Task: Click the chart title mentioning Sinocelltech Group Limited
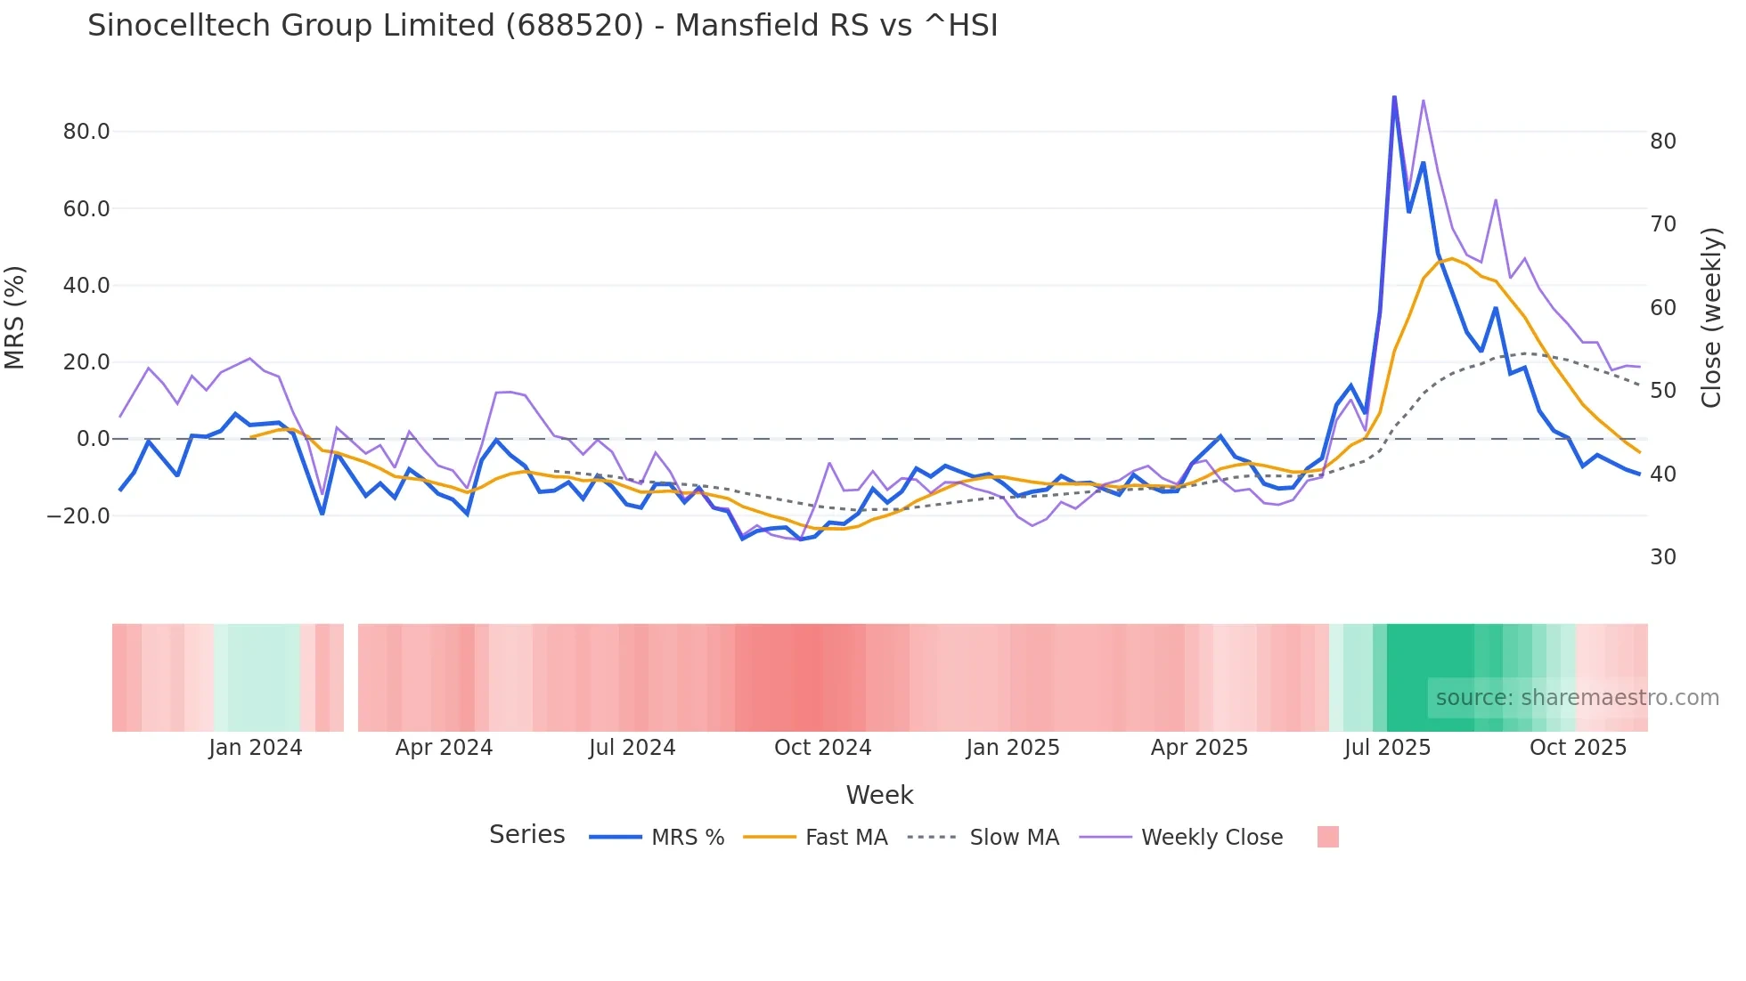543,26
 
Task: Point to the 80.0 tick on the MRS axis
86,132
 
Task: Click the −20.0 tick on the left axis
78,516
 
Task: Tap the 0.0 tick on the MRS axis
93,439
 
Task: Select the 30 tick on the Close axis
1662,557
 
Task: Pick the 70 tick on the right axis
1662,224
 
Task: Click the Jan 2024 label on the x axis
256,748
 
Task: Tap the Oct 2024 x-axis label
822,748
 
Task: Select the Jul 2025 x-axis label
1387,748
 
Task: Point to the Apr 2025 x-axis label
1199,748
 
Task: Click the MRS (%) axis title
15,318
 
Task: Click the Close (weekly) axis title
1711,318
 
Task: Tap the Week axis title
879,795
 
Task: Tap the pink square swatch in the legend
1327,837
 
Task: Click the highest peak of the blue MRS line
1394,98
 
